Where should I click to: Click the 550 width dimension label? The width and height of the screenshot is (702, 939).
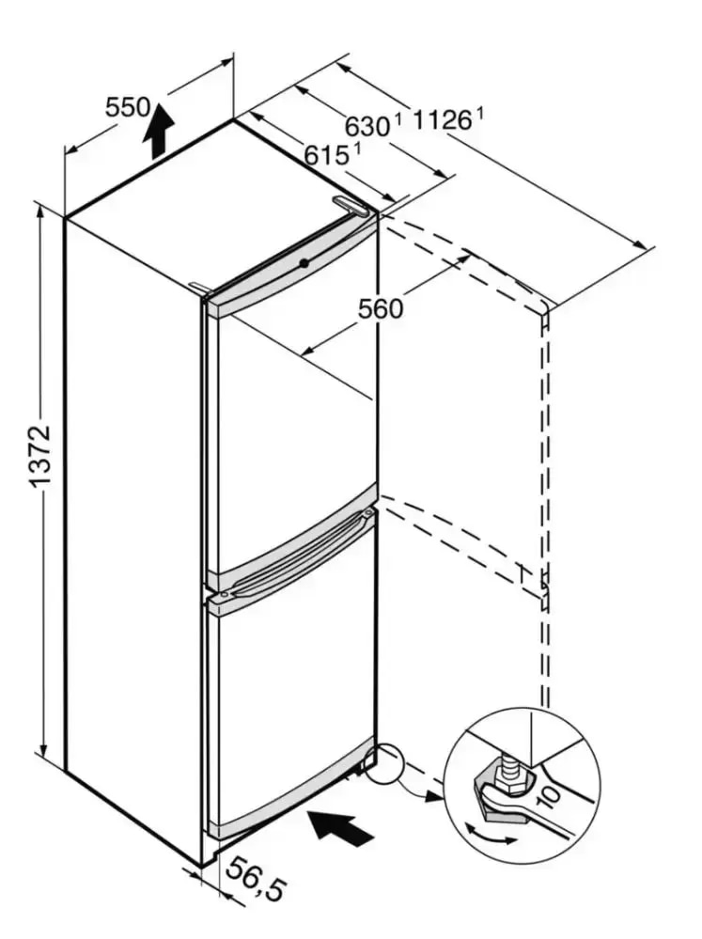click(127, 107)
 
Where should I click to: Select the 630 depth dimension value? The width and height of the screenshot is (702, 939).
click(366, 125)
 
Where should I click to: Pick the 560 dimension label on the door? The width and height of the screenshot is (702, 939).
click(381, 307)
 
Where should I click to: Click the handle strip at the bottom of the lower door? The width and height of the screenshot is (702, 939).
click(291, 790)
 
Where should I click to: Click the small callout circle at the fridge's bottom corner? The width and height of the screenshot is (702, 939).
click(385, 763)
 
